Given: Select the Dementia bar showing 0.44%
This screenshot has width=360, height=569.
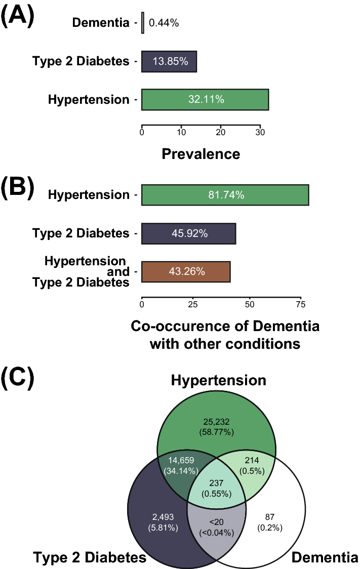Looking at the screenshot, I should point(143,23).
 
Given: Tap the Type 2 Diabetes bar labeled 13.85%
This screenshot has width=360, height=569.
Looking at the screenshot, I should point(169,62).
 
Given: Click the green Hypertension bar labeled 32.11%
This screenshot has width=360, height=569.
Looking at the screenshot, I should point(205,100).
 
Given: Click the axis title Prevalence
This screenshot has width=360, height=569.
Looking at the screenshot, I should point(201,153).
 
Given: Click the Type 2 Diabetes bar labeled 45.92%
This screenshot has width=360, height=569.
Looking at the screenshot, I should point(188,234).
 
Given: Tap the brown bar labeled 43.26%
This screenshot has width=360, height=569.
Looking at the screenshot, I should point(186,272).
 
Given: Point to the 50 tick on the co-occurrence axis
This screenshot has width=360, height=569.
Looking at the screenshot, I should point(249,304).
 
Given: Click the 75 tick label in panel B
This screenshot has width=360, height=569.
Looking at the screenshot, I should point(301,304).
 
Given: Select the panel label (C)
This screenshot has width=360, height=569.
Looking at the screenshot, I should point(17,377).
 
